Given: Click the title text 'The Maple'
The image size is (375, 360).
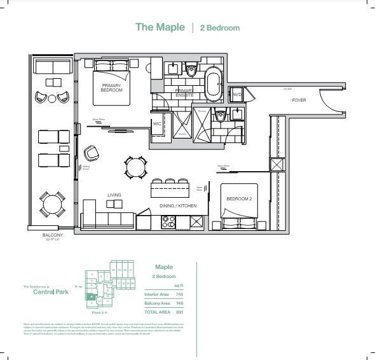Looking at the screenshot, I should point(161,27).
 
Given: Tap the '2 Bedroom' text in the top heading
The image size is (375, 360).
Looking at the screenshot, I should point(220,28).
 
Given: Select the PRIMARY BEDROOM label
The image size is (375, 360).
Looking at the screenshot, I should point(111,88).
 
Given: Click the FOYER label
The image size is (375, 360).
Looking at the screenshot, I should point(299,100).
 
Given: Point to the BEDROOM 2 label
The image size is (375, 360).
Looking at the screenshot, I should point(239,199).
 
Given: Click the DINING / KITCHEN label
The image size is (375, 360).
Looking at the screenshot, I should point(178,206).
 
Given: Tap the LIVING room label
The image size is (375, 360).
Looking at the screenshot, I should point(114,195).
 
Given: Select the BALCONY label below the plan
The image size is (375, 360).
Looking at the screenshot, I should point(52,235).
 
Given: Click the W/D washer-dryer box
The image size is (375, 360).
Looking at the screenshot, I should point(236,95).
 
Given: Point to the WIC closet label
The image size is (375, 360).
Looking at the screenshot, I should point(157,124).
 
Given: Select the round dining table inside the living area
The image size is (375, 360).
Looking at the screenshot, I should point(135,167).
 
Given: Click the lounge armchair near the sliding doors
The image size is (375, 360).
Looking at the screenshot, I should point(91,153).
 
